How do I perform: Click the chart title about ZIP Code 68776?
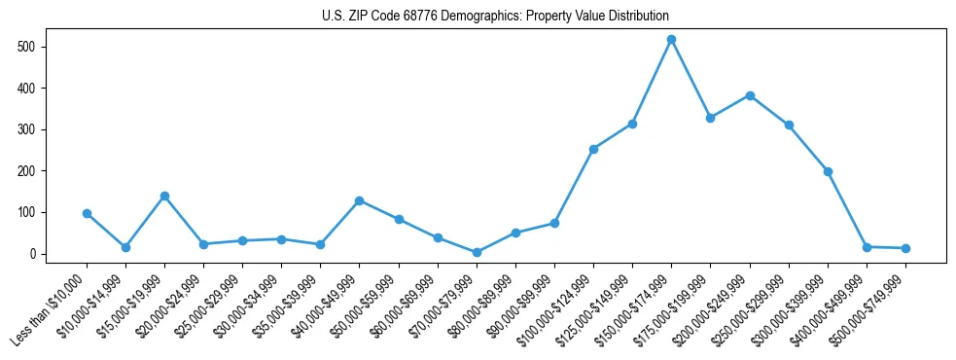pos(495,17)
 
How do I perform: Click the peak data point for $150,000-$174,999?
pos(671,39)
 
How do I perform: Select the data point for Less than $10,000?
pos(87,213)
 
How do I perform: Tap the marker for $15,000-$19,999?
pos(164,196)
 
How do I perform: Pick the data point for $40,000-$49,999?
pos(359,200)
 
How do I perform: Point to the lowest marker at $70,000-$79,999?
pos(477,252)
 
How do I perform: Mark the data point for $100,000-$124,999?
pos(593,149)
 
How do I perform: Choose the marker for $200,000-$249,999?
pos(750,95)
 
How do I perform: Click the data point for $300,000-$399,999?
pos(828,171)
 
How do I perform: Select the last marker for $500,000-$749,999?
pos(905,248)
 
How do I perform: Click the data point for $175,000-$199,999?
pos(710,118)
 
